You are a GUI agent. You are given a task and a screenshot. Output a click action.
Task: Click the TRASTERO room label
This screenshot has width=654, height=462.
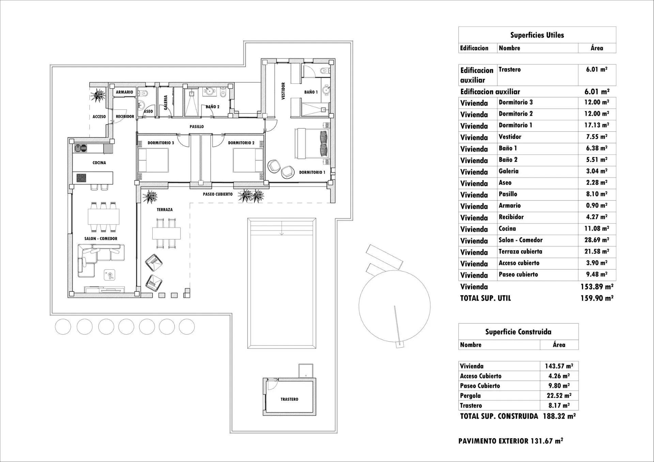click(x=289, y=399)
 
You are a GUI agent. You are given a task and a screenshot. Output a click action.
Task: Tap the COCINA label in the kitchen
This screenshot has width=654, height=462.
click(x=99, y=163)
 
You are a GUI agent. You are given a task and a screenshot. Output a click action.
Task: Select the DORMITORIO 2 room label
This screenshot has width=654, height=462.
click(x=241, y=143)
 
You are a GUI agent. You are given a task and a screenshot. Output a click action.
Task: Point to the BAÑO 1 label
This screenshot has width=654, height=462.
click(x=311, y=92)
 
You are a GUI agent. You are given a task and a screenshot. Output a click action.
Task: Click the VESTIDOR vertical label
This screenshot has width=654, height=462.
click(x=283, y=91)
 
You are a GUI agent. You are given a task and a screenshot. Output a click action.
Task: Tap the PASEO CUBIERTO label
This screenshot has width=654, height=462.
click(x=218, y=194)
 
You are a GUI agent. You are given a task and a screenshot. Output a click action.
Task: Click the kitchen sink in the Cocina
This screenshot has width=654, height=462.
click(x=81, y=148)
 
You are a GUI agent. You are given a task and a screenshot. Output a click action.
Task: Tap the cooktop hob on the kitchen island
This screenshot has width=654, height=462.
click(x=81, y=178)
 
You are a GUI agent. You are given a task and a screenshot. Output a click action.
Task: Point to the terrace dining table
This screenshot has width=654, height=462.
click(x=166, y=233)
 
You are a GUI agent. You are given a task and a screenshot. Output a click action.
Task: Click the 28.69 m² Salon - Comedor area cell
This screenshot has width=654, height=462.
click(x=596, y=240)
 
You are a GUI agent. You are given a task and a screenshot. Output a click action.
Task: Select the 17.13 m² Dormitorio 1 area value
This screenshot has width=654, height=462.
click(x=596, y=125)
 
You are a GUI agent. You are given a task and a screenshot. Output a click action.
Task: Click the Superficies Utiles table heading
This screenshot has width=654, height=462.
click(x=537, y=35)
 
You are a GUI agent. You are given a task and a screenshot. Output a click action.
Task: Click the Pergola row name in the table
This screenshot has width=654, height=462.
click(x=470, y=396)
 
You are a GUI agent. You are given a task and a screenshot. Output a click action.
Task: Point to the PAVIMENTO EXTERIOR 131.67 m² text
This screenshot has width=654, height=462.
click(x=510, y=441)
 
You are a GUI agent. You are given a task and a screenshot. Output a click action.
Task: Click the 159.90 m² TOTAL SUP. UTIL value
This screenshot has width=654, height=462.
click(x=596, y=298)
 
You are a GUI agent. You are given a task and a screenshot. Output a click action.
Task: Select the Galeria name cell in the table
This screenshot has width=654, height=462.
click(x=509, y=171)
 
